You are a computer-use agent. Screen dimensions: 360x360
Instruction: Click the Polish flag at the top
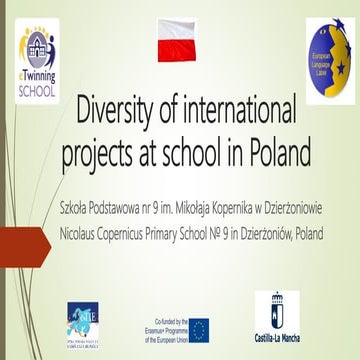tap(180, 44)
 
